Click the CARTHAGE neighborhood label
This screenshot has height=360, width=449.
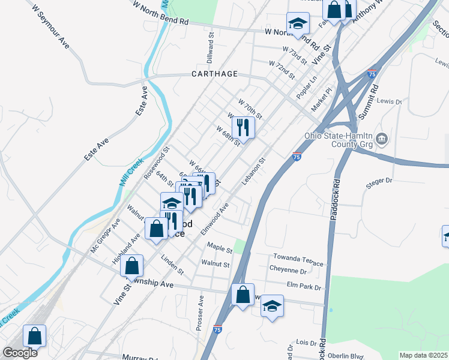coord(214,74)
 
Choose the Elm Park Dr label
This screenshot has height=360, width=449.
coord(304,287)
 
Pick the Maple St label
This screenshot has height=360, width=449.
coord(219,247)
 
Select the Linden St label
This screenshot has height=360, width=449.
coord(172,265)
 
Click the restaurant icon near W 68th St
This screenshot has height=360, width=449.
coord(243,127)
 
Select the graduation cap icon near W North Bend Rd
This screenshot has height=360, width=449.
coord(297,23)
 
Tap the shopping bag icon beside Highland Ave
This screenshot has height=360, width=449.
coord(133,266)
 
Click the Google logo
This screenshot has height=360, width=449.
coord(20,353)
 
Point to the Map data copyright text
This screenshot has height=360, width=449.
coord(423,355)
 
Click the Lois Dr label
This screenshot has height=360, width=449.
coord(306,343)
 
